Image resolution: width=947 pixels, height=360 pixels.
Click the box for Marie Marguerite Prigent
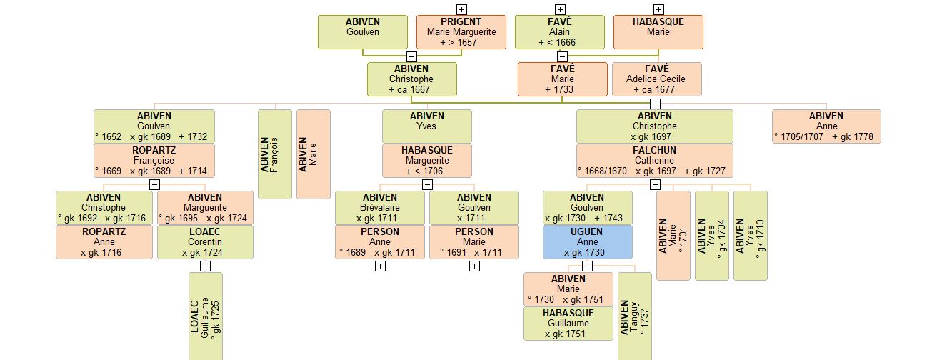461,32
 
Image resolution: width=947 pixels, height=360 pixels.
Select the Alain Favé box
560,32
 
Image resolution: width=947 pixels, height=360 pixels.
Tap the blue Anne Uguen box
587,242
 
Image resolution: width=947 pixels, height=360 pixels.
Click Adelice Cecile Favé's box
656,79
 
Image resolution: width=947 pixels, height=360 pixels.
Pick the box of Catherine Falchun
654,161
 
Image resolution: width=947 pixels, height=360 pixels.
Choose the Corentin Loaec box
205,242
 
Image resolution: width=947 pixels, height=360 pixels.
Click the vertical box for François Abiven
274,154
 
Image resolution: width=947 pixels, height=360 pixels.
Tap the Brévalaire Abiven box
380,208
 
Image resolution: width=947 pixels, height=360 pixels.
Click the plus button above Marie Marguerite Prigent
461,9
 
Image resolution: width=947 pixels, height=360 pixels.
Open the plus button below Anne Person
380,266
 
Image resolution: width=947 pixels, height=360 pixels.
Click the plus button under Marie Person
474,266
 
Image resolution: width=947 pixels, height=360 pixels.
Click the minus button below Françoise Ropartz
154,184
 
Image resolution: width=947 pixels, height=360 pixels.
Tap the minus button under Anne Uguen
587,266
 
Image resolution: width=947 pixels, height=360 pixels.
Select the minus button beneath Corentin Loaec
206,266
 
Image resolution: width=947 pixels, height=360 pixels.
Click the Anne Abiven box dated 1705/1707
826,126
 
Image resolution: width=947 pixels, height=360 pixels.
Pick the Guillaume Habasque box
568,324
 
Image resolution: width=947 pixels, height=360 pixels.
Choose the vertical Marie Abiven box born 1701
673,235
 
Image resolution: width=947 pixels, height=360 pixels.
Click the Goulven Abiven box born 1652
154,126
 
